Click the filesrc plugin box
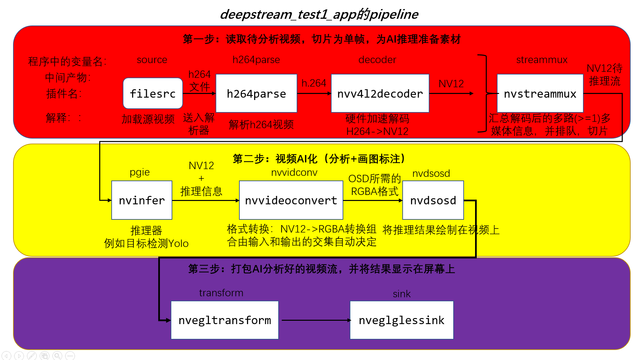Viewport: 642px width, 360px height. click(x=153, y=93)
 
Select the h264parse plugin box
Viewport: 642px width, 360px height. click(x=256, y=93)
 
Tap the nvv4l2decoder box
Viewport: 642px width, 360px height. click(x=380, y=93)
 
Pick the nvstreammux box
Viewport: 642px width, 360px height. click(x=540, y=93)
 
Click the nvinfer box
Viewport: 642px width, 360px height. click(x=142, y=200)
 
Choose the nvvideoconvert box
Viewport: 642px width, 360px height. click(x=291, y=200)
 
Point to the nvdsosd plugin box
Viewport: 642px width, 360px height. click(x=433, y=200)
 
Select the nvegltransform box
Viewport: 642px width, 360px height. click(x=225, y=320)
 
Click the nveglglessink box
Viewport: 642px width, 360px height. click(x=402, y=320)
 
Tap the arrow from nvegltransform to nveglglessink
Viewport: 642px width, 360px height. click(x=315, y=320)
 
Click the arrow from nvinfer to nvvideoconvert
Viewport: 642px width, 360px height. click(x=206, y=200)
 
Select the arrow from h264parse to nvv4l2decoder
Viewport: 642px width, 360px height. click(x=314, y=93)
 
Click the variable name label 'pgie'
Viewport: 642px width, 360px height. click(x=139, y=172)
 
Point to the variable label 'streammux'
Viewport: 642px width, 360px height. click(x=542, y=60)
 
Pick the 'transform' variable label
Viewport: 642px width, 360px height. click(x=221, y=293)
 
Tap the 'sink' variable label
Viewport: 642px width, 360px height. click(x=402, y=294)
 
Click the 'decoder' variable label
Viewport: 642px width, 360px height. click(x=377, y=60)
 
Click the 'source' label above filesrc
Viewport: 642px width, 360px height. click(x=152, y=60)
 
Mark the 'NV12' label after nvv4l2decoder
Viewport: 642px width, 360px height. click(x=451, y=84)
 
